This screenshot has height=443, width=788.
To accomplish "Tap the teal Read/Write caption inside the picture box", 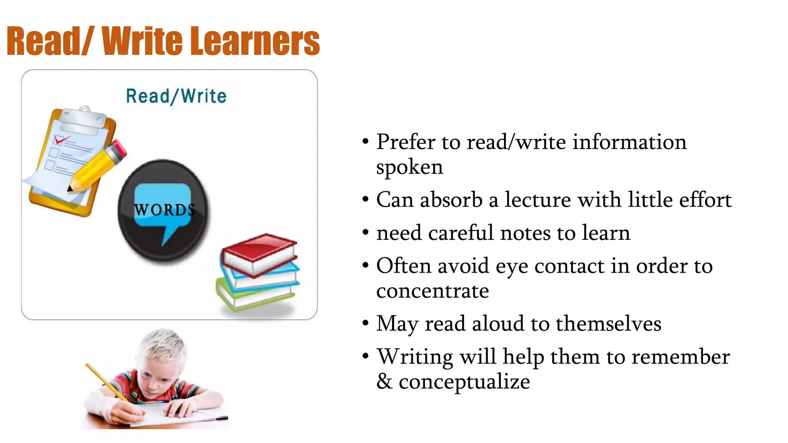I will [176, 96].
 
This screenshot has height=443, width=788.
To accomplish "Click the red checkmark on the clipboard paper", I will [61, 140].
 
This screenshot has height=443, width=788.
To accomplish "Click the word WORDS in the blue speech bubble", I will [164, 210].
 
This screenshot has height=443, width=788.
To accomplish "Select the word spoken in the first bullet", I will [409, 167].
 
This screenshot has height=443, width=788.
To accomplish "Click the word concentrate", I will [432, 291].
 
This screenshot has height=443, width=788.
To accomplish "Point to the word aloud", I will [498, 324].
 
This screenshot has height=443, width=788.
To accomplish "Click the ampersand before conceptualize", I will [384, 381].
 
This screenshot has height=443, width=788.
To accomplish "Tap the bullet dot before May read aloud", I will [366, 323].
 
